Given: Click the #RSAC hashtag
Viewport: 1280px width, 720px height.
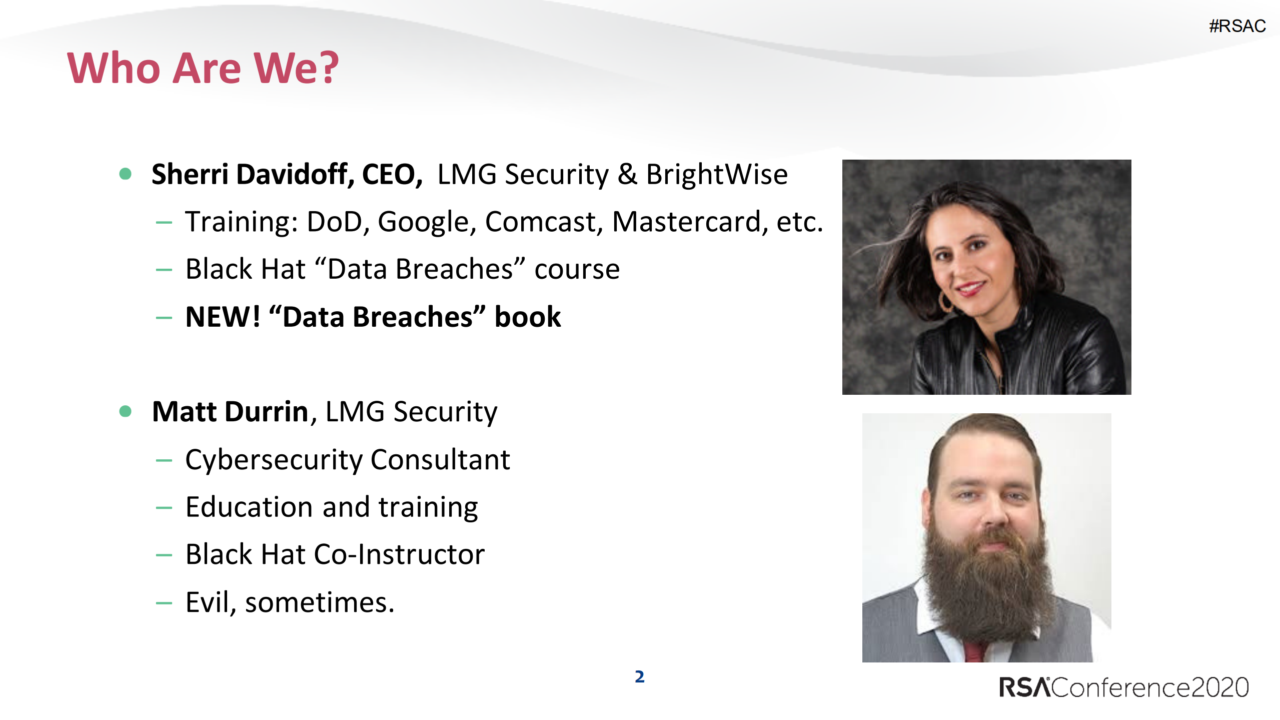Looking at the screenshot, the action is click(x=1237, y=26).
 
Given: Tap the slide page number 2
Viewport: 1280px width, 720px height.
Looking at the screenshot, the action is click(x=640, y=676).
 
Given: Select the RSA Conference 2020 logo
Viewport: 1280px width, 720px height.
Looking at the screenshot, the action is click(x=1123, y=687).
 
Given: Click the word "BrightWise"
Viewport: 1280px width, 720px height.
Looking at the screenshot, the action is click(x=717, y=175).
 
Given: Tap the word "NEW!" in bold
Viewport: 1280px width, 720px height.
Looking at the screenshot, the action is click(x=223, y=317).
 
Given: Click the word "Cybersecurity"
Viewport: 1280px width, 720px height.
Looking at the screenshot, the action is click(x=273, y=460).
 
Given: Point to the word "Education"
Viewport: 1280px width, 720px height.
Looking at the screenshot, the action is click(x=249, y=507).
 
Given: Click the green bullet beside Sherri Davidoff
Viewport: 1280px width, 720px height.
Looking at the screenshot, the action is click(x=126, y=174).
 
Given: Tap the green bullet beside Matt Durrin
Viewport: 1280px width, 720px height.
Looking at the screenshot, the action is click(x=126, y=411).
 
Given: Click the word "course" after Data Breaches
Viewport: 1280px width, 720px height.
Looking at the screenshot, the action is click(x=577, y=270).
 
